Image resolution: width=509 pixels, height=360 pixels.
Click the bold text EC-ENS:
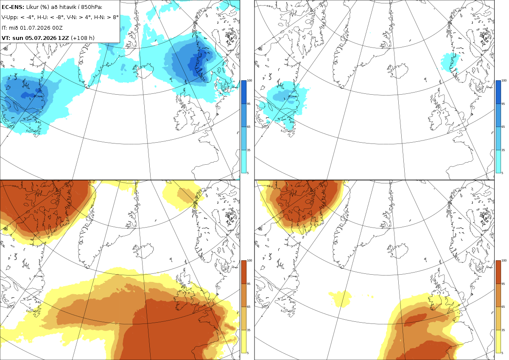(13, 7)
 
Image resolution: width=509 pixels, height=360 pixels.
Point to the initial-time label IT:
(4, 28)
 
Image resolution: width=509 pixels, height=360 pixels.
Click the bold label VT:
(6, 38)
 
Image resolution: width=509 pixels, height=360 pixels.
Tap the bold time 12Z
(63, 38)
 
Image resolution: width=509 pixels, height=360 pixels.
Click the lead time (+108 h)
(83, 38)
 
